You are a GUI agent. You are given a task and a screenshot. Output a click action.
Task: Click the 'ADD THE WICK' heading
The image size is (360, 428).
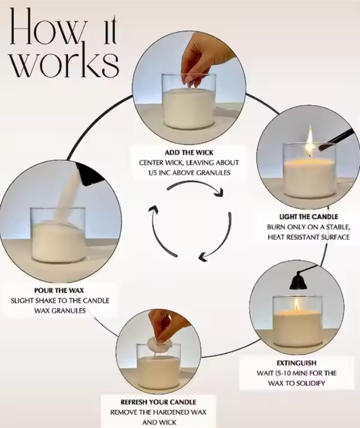pyautogui.click(x=189, y=153)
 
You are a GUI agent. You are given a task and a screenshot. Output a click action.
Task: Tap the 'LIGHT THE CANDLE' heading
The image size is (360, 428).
pyautogui.click(x=308, y=217)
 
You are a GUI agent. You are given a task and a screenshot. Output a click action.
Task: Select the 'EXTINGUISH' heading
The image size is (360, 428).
pyautogui.click(x=297, y=363)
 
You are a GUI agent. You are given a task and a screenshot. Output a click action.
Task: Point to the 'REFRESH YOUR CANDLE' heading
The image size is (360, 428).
pyautogui.click(x=158, y=402)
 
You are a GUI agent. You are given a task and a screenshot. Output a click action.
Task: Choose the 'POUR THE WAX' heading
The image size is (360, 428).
pyautogui.click(x=59, y=290)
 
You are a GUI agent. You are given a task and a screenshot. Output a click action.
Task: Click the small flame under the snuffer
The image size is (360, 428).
pyautogui.click(x=297, y=305)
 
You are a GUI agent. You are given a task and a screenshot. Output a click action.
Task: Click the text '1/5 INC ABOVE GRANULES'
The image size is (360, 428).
pyautogui.click(x=189, y=173)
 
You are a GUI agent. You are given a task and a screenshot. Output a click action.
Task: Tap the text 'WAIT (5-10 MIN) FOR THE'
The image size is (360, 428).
pyautogui.click(x=297, y=373)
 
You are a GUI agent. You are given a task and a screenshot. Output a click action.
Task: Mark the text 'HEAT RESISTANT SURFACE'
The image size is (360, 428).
pyautogui.click(x=308, y=237)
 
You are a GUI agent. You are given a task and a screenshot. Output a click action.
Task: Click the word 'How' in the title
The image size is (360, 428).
pyautogui.click(x=63, y=27)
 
